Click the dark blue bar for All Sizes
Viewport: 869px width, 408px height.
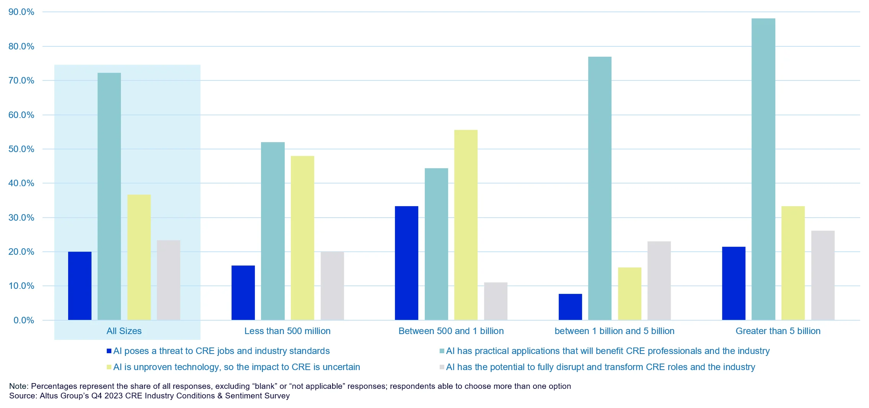80,286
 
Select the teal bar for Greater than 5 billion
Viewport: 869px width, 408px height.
763,169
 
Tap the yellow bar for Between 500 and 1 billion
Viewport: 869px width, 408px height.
466,225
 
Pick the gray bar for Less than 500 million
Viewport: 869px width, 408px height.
332,286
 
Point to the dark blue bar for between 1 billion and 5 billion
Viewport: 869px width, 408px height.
570,307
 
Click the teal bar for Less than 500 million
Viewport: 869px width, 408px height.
273,231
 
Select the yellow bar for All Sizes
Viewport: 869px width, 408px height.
139,257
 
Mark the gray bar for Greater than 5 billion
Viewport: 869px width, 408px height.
823,275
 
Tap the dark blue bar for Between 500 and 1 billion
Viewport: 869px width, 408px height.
406,263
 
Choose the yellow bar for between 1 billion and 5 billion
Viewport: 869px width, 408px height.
629,293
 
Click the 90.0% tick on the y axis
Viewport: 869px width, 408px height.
21,12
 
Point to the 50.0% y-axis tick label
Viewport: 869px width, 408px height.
21,149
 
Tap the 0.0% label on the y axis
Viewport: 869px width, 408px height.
24,320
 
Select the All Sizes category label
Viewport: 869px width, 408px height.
124,331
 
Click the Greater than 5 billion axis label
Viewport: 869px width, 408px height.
778,331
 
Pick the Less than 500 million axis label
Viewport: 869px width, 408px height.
287,331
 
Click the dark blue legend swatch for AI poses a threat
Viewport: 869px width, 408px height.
109,351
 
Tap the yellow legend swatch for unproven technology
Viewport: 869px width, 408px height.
109,367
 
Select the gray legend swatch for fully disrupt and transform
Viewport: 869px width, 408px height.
442,367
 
